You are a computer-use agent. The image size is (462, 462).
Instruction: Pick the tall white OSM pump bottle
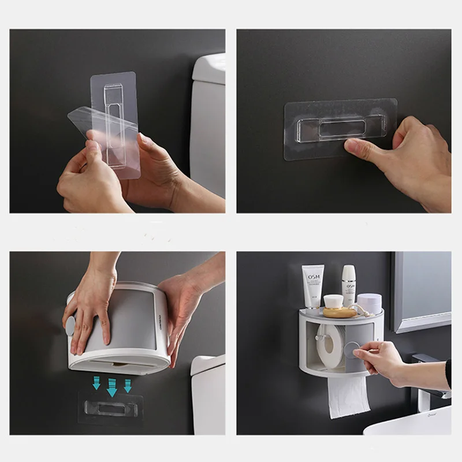(x=348, y=285)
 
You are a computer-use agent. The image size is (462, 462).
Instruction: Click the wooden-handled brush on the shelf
(x=340, y=312)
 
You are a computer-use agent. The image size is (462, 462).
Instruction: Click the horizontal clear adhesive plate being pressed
(x=340, y=129)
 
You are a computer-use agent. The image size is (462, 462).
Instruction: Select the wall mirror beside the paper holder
(x=420, y=292)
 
